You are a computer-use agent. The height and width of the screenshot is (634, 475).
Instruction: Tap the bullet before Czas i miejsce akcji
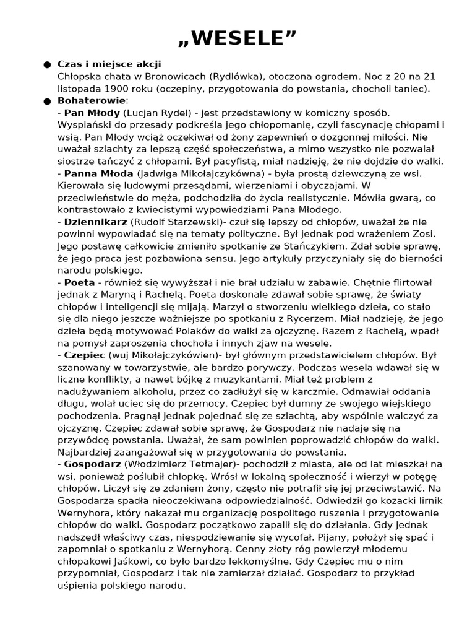(47, 64)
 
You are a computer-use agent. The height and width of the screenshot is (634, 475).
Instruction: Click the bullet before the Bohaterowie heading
(47, 100)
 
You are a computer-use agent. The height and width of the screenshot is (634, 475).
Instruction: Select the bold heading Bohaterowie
(92, 100)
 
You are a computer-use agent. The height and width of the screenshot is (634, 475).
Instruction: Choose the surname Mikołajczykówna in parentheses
(195, 173)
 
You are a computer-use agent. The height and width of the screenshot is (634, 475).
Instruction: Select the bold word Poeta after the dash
(79, 282)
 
